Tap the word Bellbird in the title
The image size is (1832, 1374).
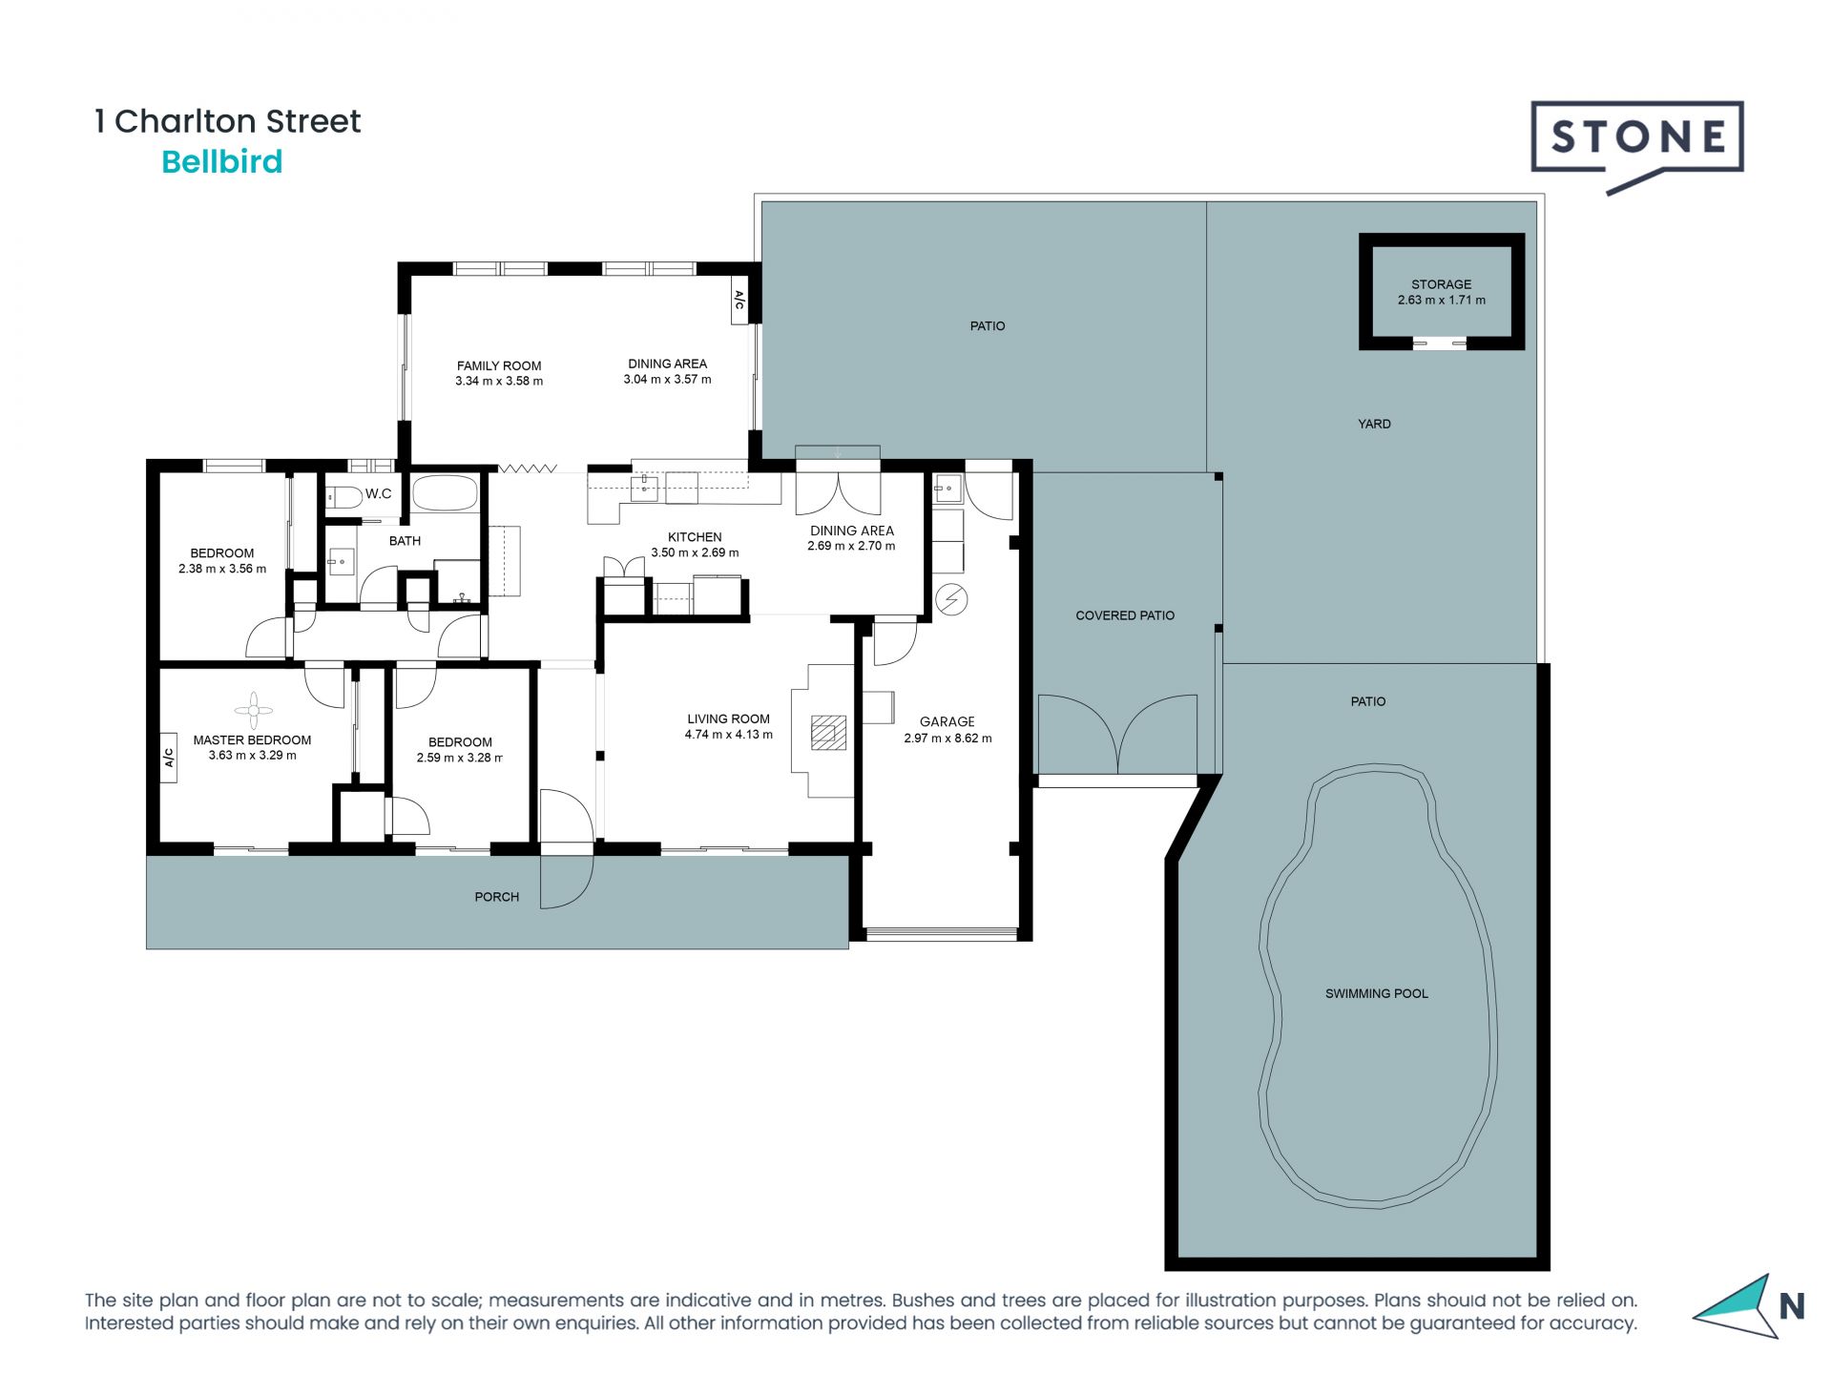[222, 162]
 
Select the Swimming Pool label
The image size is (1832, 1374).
[1376, 993]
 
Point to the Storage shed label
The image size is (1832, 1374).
[1441, 284]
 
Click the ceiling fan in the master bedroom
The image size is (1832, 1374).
[253, 710]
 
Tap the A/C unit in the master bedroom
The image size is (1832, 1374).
[169, 758]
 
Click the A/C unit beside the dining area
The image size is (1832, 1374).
[739, 301]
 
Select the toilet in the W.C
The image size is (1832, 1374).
[343, 497]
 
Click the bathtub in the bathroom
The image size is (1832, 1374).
[445, 493]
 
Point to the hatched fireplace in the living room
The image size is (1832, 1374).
[828, 733]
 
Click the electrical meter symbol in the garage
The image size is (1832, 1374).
[951, 599]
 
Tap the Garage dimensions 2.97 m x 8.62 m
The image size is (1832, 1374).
[947, 738]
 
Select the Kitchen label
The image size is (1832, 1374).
[695, 537]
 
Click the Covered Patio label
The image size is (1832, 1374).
[1125, 615]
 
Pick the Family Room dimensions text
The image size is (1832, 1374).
[499, 381]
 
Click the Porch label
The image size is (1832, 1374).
[497, 897]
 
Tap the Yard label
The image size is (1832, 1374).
[1374, 424]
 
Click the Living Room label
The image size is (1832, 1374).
[728, 719]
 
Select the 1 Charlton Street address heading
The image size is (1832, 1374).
[227, 121]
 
